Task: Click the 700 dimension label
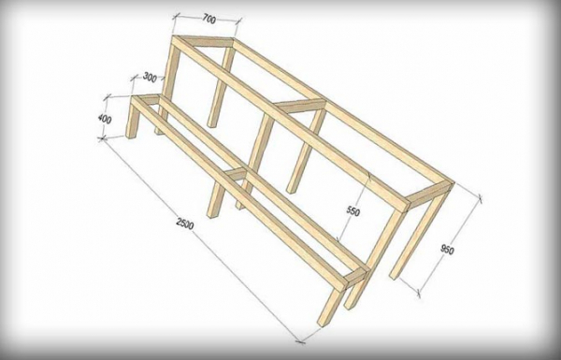(x=209, y=19)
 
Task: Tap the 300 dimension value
(x=150, y=77)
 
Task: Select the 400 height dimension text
(x=105, y=119)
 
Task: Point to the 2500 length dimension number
(x=185, y=223)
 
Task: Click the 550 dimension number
(x=352, y=211)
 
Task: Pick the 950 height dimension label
(x=447, y=249)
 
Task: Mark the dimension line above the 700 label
(x=207, y=18)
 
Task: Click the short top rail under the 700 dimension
(x=203, y=41)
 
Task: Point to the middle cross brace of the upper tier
(x=300, y=106)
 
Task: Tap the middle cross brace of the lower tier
(x=237, y=173)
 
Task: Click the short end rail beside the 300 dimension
(x=146, y=98)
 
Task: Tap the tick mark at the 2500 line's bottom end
(x=300, y=340)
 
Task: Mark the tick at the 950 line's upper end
(x=481, y=197)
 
